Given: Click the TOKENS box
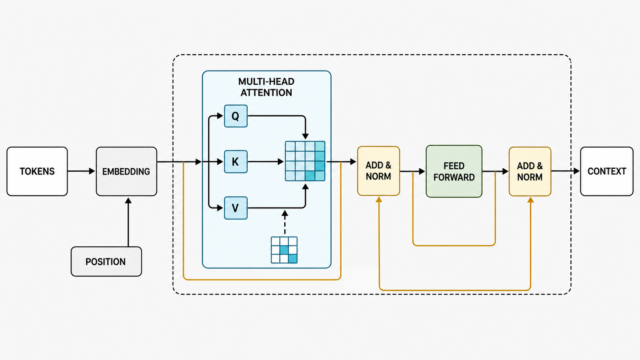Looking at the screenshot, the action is pyautogui.click(x=37, y=171).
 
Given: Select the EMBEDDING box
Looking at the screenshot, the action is pyautogui.click(x=126, y=171).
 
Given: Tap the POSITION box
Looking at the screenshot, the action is pyautogui.click(x=106, y=262).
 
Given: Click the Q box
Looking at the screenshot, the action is pyautogui.click(x=236, y=116).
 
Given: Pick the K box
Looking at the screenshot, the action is pyautogui.click(x=236, y=161).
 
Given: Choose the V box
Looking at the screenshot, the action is pyautogui.click(x=236, y=208).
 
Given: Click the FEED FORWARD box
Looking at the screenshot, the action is pyautogui.click(x=454, y=171).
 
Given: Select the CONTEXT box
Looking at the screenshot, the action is pyautogui.click(x=607, y=171).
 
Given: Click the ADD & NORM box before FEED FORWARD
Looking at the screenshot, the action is pyautogui.click(x=379, y=171).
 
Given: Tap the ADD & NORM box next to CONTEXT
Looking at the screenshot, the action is pyautogui.click(x=530, y=171).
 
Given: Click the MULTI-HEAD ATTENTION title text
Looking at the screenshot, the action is pyautogui.click(x=266, y=87).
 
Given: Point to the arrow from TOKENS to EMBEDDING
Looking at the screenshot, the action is pyautogui.click(x=81, y=171).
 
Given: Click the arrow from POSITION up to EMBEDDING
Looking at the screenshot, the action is pyautogui.click(x=128, y=222).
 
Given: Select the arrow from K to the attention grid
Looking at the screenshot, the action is pyautogui.click(x=266, y=161).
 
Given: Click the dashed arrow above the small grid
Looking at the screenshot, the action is pyautogui.click(x=284, y=222).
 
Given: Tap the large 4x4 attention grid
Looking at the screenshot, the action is pyautogui.click(x=305, y=161).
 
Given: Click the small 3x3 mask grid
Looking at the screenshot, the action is pyautogui.click(x=284, y=250).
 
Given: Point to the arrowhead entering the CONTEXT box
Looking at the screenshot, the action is pyautogui.click(x=577, y=171).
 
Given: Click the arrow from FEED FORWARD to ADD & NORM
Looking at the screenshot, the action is pyautogui.click(x=495, y=171).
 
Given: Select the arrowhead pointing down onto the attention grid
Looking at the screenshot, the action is pyautogui.click(x=305, y=136).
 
